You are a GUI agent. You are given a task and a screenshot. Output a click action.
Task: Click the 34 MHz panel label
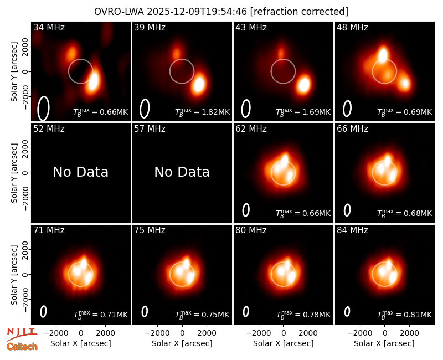tap(49, 27)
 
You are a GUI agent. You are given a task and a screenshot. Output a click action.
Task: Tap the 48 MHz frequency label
tap(352, 27)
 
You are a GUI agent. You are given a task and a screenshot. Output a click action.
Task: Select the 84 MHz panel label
tap(352, 230)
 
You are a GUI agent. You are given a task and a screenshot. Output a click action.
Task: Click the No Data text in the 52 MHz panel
tap(80, 172)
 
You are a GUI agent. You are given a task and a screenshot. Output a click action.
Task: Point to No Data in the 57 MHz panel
tap(182, 172)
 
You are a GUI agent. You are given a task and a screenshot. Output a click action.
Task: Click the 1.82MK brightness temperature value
tap(215, 112)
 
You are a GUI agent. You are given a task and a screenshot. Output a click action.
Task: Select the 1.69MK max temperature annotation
tap(316, 112)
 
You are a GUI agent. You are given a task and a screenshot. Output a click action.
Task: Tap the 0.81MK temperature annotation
tap(418, 315)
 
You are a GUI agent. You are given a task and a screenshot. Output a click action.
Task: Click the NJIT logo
tap(22, 333)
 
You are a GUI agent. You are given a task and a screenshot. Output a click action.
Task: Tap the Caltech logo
tap(22, 347)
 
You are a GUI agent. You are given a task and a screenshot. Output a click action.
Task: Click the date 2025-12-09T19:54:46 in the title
tap(197, 12)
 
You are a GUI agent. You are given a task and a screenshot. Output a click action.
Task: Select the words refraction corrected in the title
tap(299, 12)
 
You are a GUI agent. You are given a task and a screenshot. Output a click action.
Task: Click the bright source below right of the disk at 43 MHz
tap(303, 84)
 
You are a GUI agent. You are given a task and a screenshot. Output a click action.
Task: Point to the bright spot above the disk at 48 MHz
tap(383, 54)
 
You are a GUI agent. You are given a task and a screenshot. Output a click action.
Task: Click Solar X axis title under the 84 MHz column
tap(384, 343)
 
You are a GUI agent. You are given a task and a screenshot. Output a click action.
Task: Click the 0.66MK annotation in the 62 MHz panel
tap(316, 214)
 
